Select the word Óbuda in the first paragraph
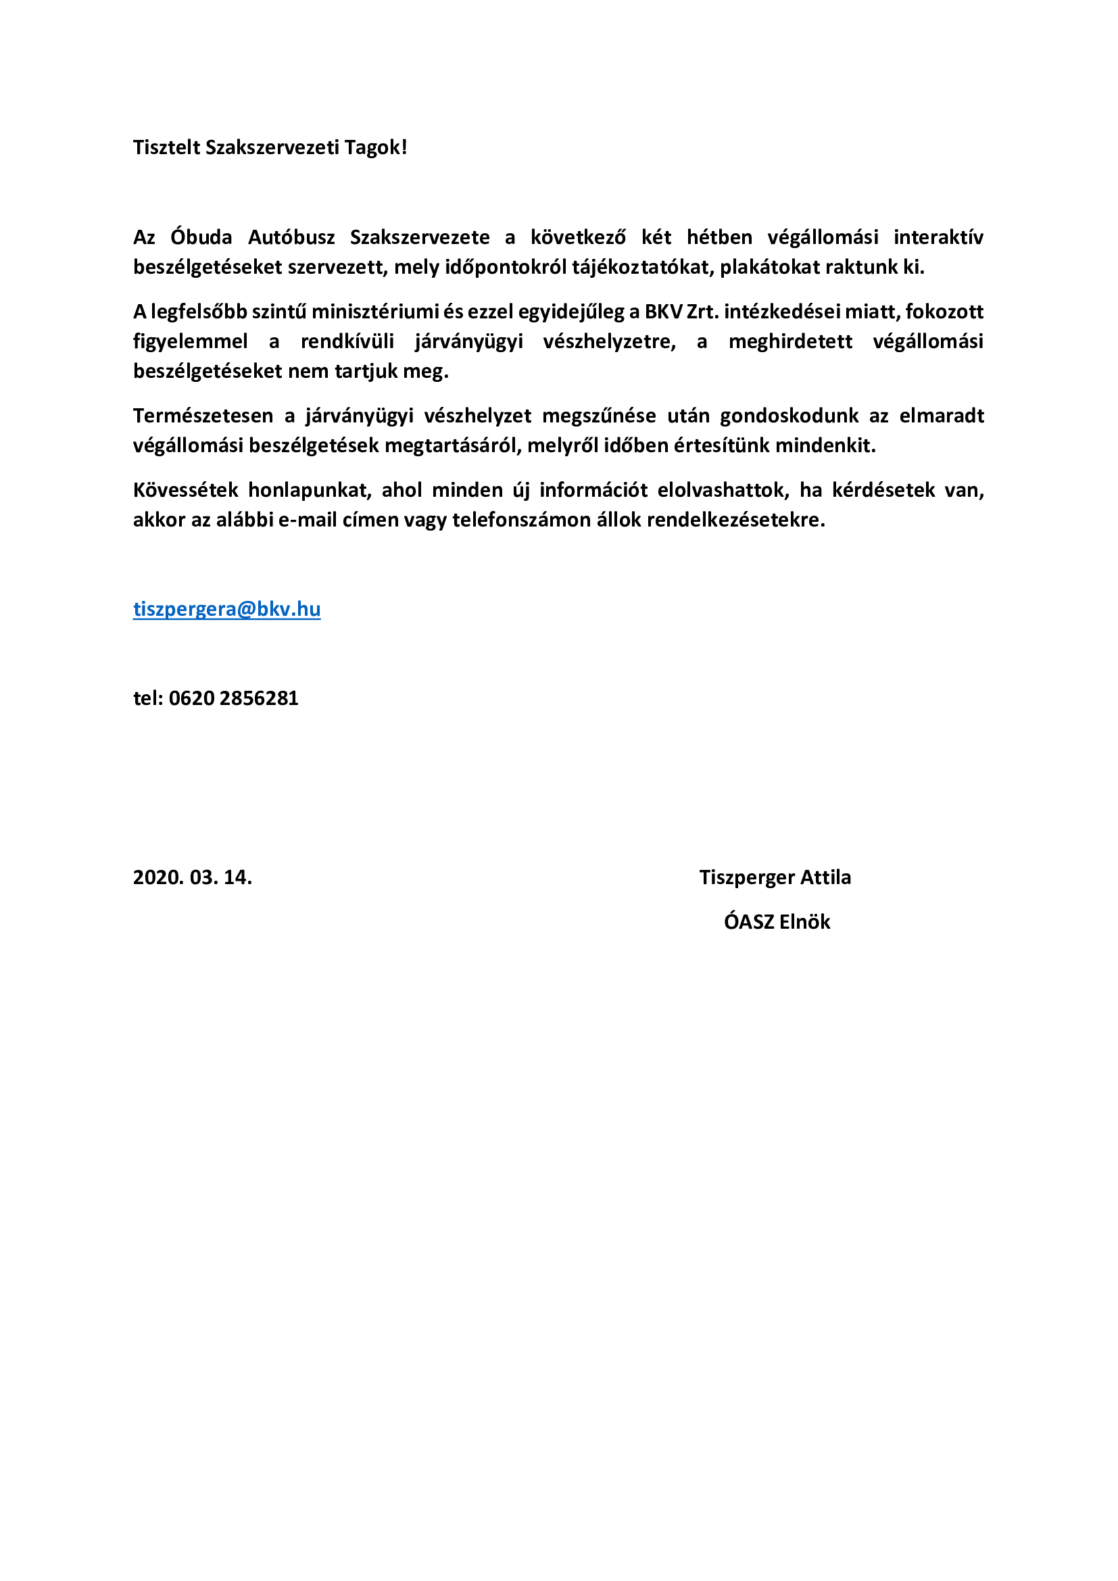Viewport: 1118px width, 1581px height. point(201,237)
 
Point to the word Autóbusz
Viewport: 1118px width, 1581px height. point(291,237)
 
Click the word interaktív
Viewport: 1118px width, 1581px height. point(938,237)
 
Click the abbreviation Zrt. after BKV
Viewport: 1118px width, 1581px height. point(702,312)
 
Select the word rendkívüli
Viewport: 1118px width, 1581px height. point(347,341)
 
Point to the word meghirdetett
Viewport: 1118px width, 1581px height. point(790,341)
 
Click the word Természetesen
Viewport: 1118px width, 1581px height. point(203,416)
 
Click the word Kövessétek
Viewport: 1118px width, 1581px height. point(185,490)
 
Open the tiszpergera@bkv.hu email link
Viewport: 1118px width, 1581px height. point(226,609)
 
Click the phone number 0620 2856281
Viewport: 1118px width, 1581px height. point(233,698)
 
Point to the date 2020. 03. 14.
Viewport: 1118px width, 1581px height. point(192,877)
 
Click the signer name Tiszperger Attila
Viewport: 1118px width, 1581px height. point(775,877)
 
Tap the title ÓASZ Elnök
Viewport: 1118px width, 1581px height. point(777,922)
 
